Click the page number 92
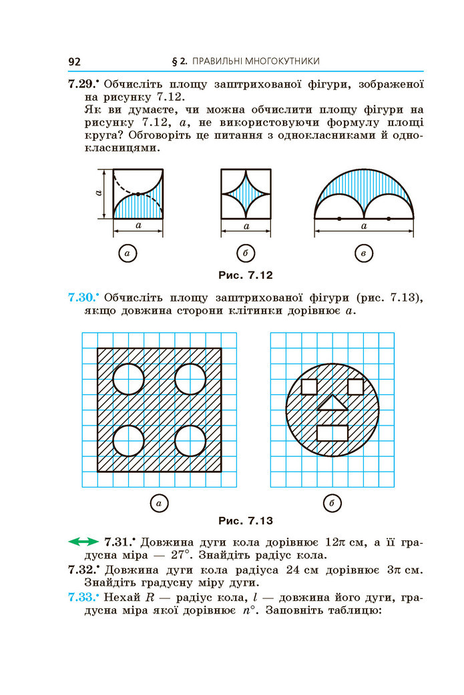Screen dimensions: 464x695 pos(74,61)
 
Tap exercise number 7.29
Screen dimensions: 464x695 pos(82,84)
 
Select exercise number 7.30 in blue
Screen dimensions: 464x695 pos(82,297)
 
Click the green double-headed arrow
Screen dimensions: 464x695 pos(83,542)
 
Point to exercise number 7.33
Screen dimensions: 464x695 pos(82,597)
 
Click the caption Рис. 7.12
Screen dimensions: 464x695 pos(245,275)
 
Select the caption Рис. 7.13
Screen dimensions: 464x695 pos(245,520)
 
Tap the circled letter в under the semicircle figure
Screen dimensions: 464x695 pos(364,253)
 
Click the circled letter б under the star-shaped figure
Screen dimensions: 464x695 pos(245,253)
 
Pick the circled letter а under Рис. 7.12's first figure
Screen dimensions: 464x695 pos(128,253)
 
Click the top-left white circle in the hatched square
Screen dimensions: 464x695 pos(129,379)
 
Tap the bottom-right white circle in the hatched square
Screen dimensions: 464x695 pos(190,441)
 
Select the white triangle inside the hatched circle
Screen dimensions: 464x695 pos(332,404)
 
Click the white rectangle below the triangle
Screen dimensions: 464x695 pos(332,433)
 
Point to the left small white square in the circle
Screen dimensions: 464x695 pos(309,387)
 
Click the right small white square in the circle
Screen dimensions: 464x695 pos(355,387)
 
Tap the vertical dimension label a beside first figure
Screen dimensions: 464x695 pos(99,193)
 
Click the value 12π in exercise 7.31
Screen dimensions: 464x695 pos(335,542)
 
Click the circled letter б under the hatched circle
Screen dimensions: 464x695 pos(332,503)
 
